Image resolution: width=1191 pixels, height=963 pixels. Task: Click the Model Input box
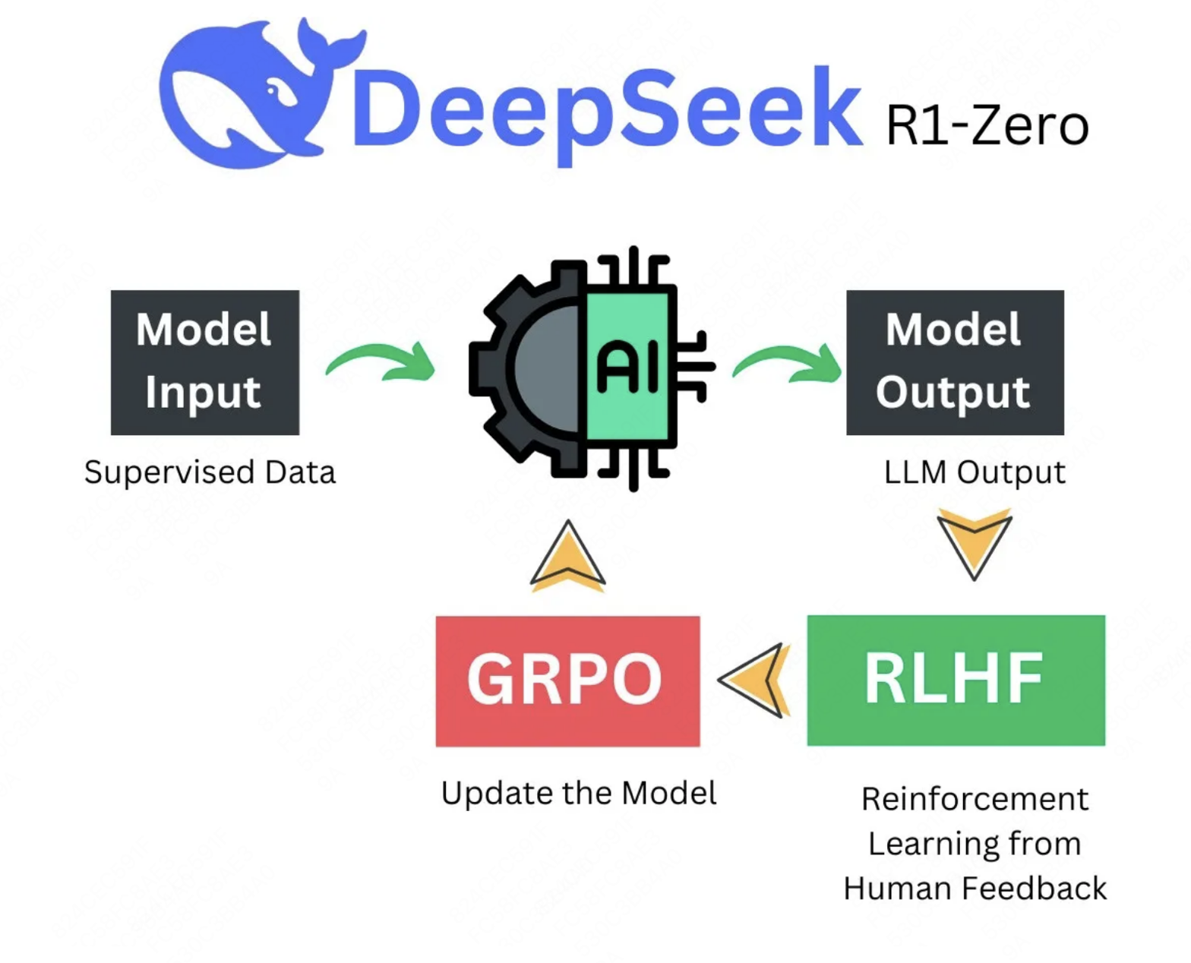tap(204, 362)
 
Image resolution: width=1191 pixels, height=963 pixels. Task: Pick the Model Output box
tap(954, 362)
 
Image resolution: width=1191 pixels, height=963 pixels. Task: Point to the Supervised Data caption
tap(210, 472)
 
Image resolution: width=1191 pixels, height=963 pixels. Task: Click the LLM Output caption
tap(975, 472)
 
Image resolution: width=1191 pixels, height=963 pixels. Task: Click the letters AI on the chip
tap(627, 367)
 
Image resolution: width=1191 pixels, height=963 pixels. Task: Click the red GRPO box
tap(567, 680)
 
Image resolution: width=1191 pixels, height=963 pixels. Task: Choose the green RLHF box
tap(955, 680)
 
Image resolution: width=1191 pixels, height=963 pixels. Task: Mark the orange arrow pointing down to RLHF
tap(974, 541)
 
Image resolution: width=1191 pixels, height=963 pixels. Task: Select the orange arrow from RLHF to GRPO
tap(755, 680)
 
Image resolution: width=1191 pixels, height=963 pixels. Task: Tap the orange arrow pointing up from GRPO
tap(567, 557)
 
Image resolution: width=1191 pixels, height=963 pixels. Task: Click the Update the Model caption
tap(579, 794)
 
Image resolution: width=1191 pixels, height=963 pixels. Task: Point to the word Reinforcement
tap(975, 800)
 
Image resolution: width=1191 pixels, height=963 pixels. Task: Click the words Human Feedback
tap(975, 889)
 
